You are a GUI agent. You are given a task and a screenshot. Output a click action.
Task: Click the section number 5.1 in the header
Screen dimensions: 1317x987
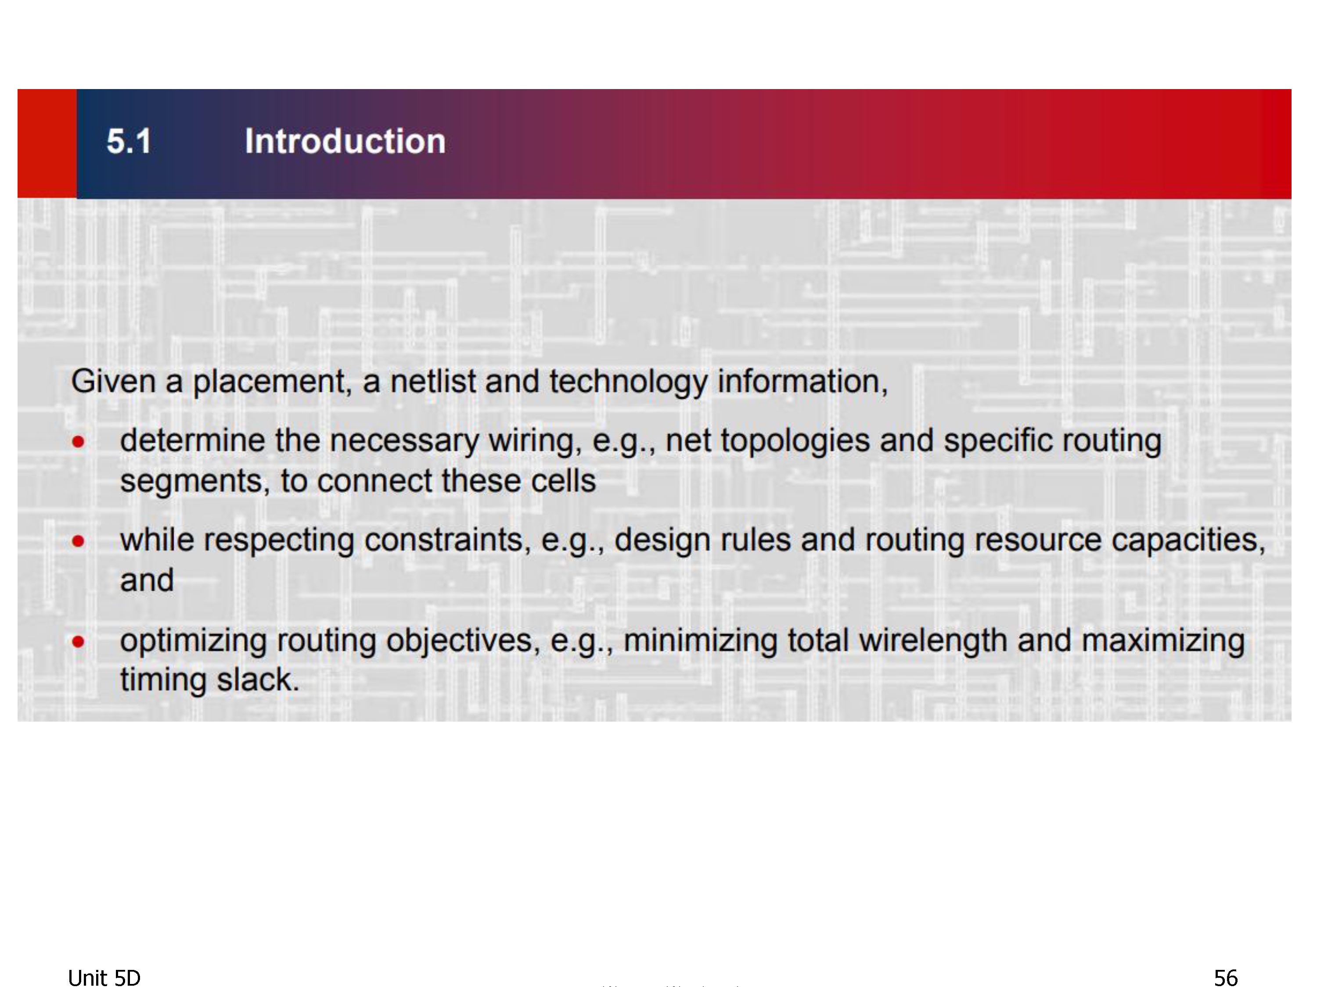pyautogui.click(x=129, y=142)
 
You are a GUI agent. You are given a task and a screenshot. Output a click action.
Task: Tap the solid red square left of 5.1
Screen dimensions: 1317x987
pyautogui.click(x=47, y=143)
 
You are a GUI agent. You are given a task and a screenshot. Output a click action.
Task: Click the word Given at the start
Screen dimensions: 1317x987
pyautogui.click(x=113, y=381)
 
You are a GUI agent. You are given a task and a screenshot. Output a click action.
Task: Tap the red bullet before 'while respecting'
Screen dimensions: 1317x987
pyautogui.click(x=78, y=541)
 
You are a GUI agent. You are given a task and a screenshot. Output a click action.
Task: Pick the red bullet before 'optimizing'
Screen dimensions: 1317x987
pyautogui.click(x=78, y=641)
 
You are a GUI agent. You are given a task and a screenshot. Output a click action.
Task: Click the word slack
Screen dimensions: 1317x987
pyautogui.click(x=257, y=679)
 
